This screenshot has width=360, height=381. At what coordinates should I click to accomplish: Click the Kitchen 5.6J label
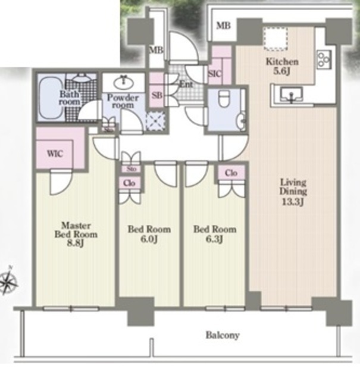[282, 66]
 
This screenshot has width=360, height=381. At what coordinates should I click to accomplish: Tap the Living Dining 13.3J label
[293, 192]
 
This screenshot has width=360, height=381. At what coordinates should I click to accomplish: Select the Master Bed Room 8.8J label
[76, 234]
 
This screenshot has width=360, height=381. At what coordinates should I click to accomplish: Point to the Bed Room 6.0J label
[149, 234]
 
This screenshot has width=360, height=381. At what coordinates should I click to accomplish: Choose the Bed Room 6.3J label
[215, 234]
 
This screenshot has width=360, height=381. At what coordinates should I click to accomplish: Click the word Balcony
[223, 335]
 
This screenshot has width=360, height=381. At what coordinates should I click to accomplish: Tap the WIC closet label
[55, 154]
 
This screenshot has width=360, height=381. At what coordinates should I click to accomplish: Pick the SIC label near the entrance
[215, 74]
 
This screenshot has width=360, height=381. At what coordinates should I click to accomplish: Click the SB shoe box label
[157, 95]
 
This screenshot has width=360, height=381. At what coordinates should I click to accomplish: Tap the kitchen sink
[291, 94]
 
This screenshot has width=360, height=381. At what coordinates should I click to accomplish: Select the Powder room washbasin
[124, 83]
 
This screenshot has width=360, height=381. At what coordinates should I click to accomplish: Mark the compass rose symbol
[8, 281]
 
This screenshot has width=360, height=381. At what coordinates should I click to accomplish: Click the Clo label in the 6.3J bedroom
[231, 173]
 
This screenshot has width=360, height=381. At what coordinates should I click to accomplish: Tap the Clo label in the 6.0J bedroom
[129, 183]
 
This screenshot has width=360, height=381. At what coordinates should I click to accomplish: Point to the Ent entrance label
[186, 85]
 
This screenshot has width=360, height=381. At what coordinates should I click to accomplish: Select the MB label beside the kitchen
[223, 25]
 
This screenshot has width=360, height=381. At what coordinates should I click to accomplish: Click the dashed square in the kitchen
[276, 39]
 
